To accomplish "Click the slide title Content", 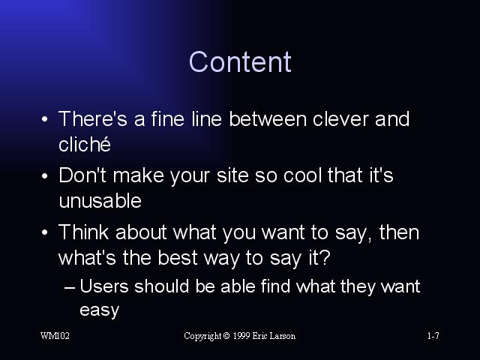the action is pyautogui.click(x=240, y=61).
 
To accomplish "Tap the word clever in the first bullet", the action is pyautogui.click(x=340, y=118).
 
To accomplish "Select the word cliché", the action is pyautogui.click(x=85, y=144).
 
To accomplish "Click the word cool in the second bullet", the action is pyautogui.click(x=302, y=175).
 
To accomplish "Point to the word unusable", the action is pyautogui.click(x=100, y=201).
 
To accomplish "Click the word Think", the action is pyautogui.click(x=83, y=232).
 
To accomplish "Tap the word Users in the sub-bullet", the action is pyautogui.click(x=104, y=286).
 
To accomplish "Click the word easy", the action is pyautogui.click(x=100, y=310).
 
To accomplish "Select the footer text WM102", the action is pyautogui.click(x=55, y=336).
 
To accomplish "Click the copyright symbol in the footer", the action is pyautogui.click(x=226, y=336).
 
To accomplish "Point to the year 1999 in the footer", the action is pyautogui.click(x=241, y=336).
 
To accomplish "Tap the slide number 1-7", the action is pyautogui.click(x=433, y=336).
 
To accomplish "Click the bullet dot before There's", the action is pyautogui.click(x=45, y=119).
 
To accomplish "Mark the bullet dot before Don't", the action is pyautogui.click(x=45, y=176).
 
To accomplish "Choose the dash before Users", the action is pyautogui.click(x=70, y=288).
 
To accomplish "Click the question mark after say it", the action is pyautogui.click(x=325, y=257).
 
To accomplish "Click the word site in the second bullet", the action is pyautogui.click(x=232, y=175).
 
